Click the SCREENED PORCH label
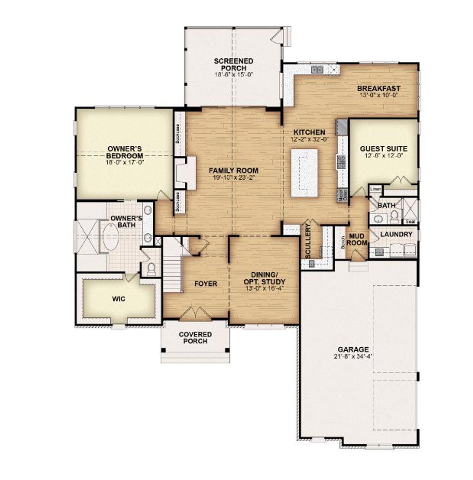click(x=234, y=65)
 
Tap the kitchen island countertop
click(x=304, y=173)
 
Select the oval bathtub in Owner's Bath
click(x=109, y=237)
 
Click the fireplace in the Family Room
click(x=185, y=173)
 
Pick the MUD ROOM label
click(x=357, y=239)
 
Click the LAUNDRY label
click(x=396, y=234)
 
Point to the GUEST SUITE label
click(x=384, y=149)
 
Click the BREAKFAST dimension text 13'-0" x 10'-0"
click(x=379, y=95)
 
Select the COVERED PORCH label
click(x=195, y=338)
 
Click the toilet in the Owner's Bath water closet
click(x=152, y=269)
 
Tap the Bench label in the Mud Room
click(x=343, y=242)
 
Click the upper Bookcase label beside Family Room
click(x=178, y=133)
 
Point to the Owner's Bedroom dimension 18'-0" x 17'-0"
click(x=124, y=161)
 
